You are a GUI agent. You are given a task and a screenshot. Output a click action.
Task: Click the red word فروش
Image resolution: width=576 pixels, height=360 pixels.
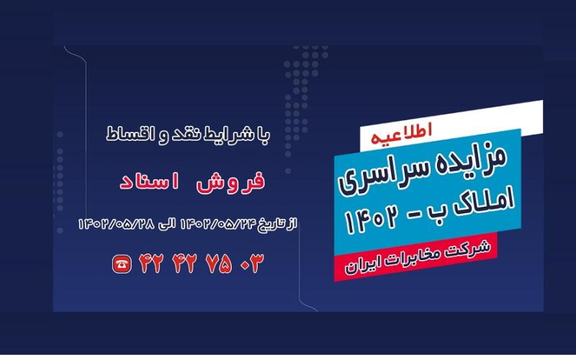pyautogui.click(x=235, y=180)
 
